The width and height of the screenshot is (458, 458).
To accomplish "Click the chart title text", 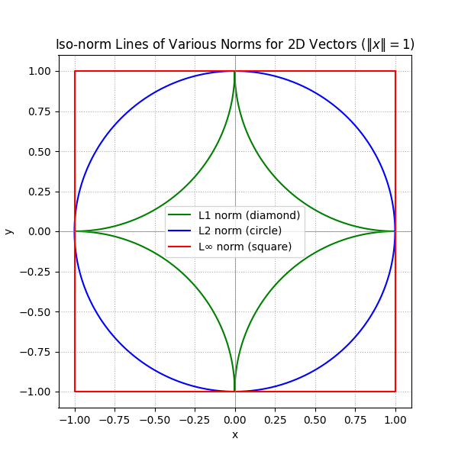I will (235, 44).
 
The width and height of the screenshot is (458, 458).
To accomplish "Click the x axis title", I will (235, 434).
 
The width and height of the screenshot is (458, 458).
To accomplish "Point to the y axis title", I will (9, 231).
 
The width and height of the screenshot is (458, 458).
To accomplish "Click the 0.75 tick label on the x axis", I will (355, 419).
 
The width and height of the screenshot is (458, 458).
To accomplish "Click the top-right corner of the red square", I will (395, 71).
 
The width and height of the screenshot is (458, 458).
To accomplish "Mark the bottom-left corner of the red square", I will (75, 392).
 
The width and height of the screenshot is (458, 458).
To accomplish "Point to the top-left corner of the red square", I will (75, 71).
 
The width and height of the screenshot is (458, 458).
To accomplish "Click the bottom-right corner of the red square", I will (395, 392).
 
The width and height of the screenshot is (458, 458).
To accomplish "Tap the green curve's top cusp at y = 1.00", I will (235, 72).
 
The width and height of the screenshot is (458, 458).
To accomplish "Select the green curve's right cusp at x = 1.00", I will (395, 231).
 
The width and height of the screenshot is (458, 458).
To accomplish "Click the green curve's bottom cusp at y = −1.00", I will (235, 391).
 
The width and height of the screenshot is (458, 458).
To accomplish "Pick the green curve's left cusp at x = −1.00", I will (76, 231).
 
